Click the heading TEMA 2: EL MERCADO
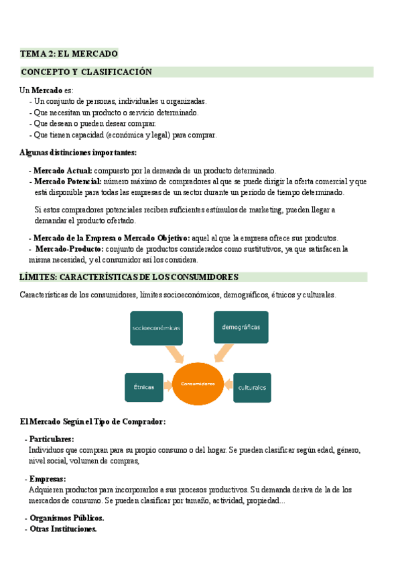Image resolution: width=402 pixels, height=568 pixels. (69, 54)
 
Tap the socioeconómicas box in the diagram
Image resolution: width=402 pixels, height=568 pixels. (155, 328)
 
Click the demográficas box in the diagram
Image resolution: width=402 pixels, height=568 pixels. (241, 328)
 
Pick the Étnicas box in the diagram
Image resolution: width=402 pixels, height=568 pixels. (143, 387)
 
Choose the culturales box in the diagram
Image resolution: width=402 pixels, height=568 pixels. (252, 387)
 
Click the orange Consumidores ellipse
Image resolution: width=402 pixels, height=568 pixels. (198, 384)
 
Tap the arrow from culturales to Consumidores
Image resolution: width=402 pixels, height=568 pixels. (227, 384)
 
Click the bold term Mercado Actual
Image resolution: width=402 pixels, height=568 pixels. (62, 171)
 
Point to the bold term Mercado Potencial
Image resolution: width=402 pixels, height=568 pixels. (67, 182)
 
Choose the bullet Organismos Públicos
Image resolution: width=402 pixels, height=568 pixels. (66, 518)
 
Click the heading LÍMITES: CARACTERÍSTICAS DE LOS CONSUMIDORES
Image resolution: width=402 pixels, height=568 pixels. (129, 277)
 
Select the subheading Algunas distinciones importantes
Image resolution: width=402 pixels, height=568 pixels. (78, 152)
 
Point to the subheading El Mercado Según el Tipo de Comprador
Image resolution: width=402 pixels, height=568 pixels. (92, 421)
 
